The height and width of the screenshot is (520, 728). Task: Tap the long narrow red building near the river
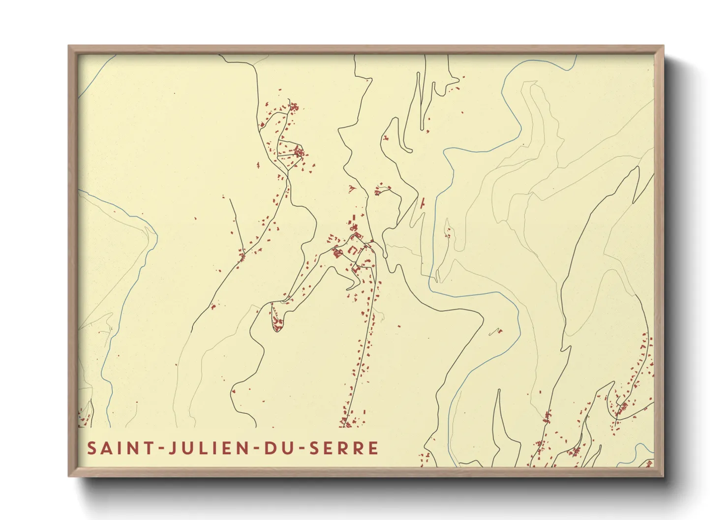423,202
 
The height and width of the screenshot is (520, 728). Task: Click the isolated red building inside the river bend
495,332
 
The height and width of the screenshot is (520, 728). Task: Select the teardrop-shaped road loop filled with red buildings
277,317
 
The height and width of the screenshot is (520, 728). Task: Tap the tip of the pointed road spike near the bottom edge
499,390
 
